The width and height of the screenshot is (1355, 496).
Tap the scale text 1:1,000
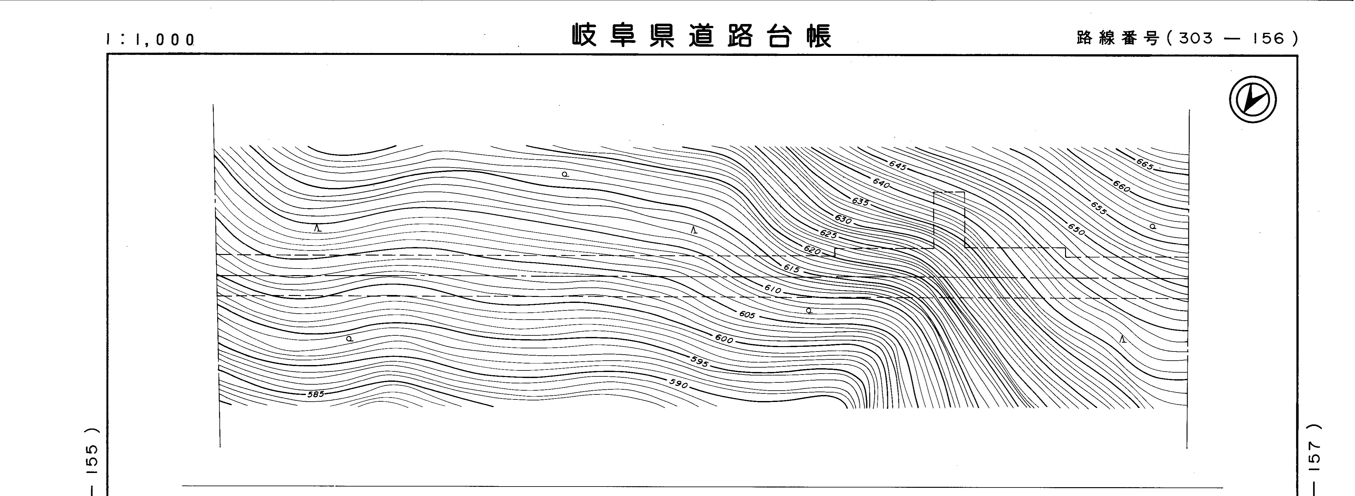(150, 39)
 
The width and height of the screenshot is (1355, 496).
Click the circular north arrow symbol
(1253, 100)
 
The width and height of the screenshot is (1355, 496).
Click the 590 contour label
(679, 384)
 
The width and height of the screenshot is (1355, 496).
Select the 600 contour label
(724, 339)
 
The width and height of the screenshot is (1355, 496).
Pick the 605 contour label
(747, 315)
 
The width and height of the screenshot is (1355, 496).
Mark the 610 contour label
(773, 290)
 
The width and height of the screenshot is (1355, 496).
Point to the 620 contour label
(812, 251)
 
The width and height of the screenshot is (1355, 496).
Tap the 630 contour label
(843, 219)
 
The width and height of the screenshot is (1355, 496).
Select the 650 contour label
(1076, 230)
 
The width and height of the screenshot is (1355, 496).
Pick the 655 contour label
(1098, 209)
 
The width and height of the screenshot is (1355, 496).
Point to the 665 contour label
(1144, 164)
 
